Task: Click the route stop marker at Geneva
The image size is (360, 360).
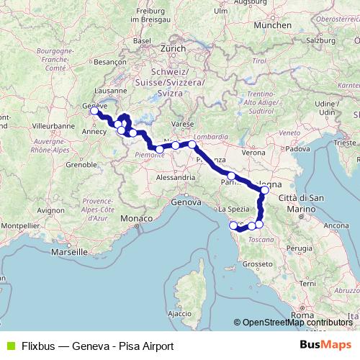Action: pos(94,111)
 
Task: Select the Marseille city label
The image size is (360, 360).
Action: pos(69,252)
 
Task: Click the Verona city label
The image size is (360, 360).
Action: pos(253,153)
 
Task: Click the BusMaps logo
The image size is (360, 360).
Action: pos(326,346)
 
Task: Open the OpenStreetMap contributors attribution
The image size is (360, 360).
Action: pos(295,323)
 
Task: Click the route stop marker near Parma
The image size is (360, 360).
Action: pos(231,176)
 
